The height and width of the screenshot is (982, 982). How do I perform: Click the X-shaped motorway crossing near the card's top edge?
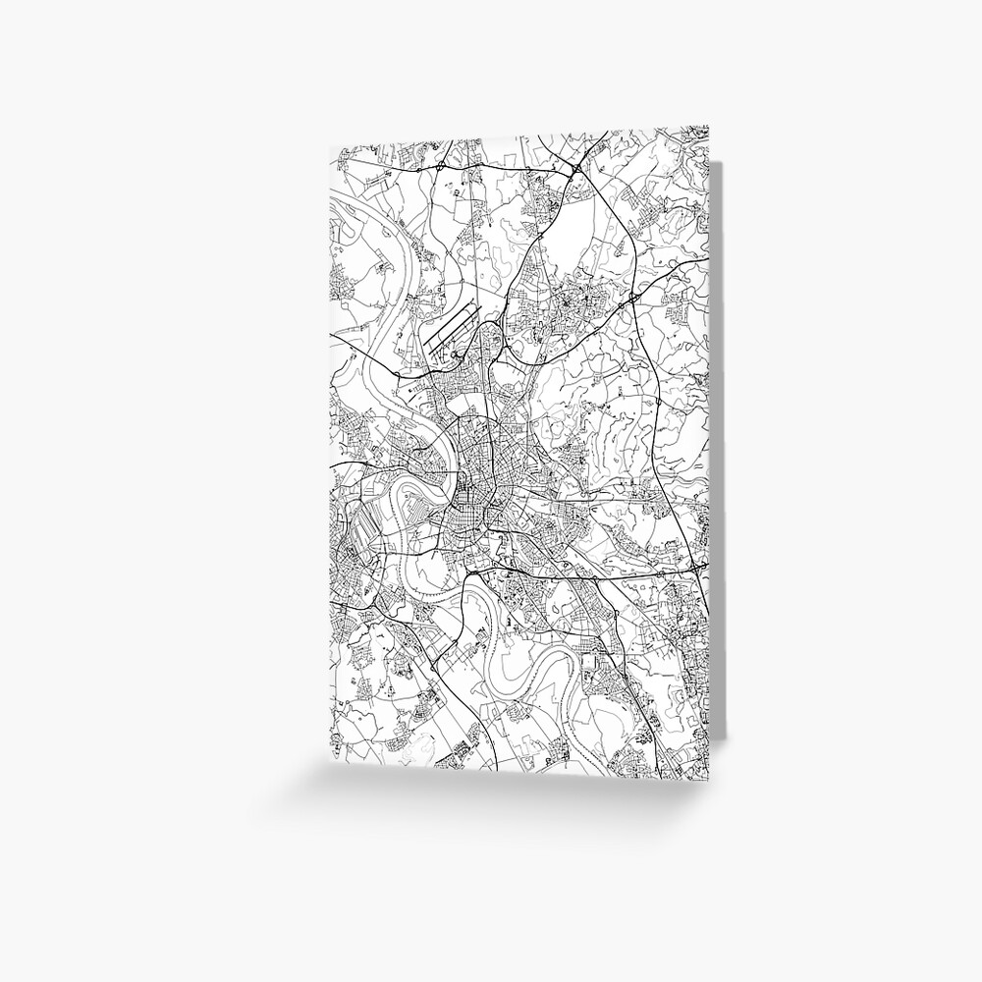pyautogui.click(x=574, y=170)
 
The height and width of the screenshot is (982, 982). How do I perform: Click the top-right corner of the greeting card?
pyautogui.click(x=707, y=126)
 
